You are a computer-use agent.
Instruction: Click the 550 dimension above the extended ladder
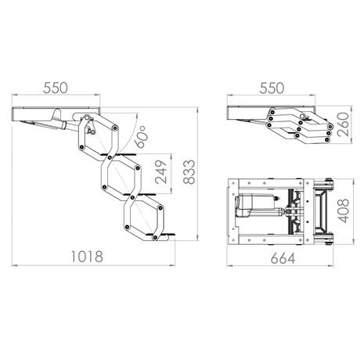(56, 88)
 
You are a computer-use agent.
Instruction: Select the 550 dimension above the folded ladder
(272, 88)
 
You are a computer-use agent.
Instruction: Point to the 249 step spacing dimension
(160, 172)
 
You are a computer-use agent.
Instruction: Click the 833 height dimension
(189, 172)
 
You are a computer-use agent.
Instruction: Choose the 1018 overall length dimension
(87, 257)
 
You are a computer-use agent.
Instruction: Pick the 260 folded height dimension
(343, 124)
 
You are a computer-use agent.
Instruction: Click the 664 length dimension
(283, 258)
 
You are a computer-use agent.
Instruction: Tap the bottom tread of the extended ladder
(161, 235)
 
